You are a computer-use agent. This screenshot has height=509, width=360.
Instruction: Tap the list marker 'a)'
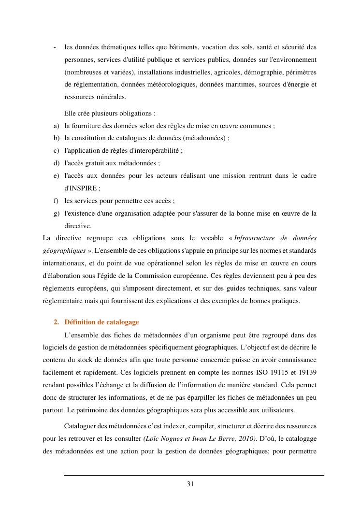click(57, 126)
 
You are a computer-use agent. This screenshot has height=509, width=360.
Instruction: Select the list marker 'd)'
click(57, 163)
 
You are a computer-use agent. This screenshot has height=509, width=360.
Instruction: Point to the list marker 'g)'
click(57, 213)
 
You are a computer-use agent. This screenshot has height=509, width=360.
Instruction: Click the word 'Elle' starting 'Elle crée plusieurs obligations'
click(70, 114)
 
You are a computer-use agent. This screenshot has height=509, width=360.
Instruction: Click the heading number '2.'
click(57, 322)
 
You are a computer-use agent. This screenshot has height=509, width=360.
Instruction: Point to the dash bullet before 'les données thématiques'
click(55, 47)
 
